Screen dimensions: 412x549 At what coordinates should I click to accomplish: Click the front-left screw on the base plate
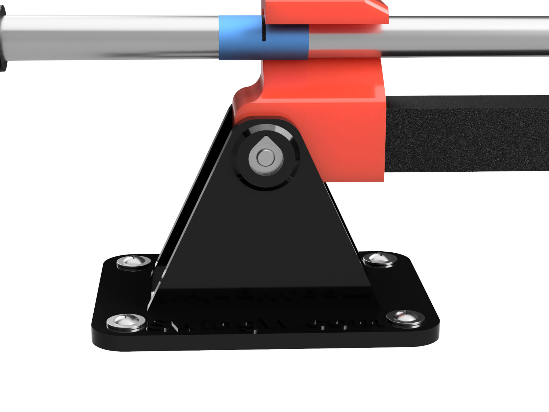click(126, 322)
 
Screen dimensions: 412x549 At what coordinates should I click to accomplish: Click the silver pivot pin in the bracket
click(265, 158)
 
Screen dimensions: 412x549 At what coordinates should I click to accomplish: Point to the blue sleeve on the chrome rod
click(240, 38)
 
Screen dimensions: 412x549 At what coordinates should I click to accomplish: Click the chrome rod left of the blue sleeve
click(110, 38)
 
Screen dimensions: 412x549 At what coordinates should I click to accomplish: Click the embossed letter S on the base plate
click(159, 324)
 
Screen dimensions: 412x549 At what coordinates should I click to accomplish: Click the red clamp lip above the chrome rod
click(326, 12)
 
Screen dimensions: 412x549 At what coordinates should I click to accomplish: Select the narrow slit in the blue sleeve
click(264, 29)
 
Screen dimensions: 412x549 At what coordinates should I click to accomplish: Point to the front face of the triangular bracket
click(261, 240)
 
